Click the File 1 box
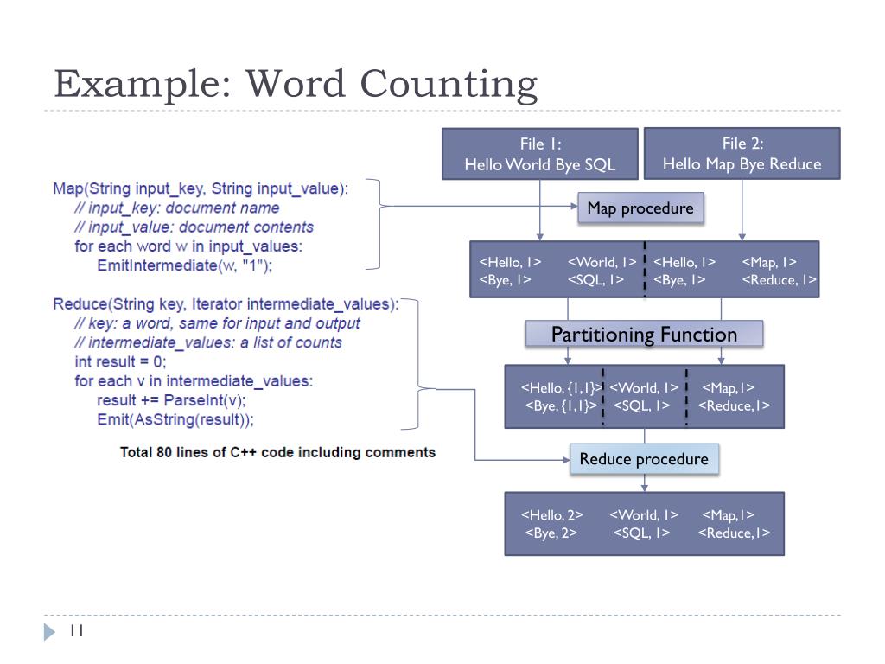pos(539,154)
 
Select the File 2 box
pos(742,154)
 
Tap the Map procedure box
pos(640,208)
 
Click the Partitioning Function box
pos(644,335)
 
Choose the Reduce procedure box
pos(644,459)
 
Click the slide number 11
pos(76,632)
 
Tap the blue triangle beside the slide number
pos(49,632)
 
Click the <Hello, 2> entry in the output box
pos(551,515)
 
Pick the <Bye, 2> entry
pos(551,533)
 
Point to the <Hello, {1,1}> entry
pos(561,388)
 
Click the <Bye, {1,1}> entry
pos(561,405)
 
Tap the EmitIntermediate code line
pos(184,265)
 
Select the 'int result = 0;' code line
pos(120,361)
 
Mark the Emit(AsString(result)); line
pos(175,419)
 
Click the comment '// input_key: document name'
pos(177,207)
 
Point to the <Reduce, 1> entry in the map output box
pos(779,279)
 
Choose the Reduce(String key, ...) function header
pos(226,304)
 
